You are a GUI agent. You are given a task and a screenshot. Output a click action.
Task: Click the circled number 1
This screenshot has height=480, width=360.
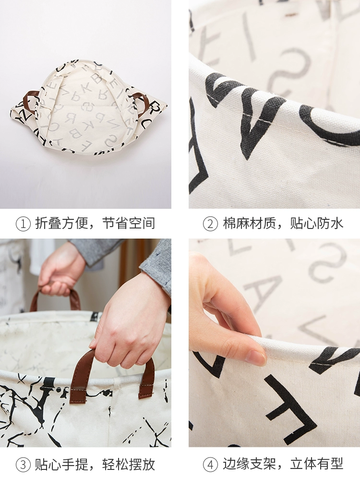(23, 224)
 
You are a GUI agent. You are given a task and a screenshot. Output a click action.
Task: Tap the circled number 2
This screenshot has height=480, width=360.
(210, 224)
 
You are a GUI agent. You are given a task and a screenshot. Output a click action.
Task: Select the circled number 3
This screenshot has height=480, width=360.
(23, 464)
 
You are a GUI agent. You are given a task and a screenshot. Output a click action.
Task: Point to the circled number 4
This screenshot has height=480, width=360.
(210, 464)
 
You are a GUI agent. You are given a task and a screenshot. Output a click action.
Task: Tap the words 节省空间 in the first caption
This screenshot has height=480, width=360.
(128, 224)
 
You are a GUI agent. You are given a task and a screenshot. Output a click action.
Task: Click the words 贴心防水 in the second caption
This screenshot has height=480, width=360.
(316, 224)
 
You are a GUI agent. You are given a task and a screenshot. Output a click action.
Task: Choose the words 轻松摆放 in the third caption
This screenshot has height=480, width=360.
(128, 464)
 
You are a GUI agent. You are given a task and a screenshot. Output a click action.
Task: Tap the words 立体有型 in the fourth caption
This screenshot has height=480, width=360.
(316, 464)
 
